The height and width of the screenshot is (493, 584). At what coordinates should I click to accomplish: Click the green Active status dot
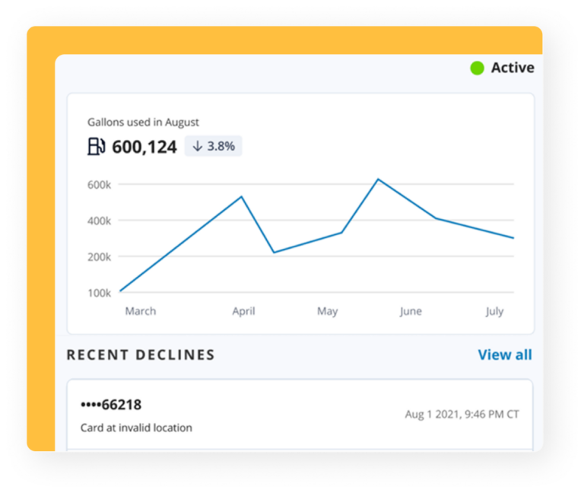click(477, 68)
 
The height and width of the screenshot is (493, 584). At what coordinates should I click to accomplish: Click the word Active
click(513, 68)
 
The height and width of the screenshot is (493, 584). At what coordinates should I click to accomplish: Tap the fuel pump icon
click(96, 146)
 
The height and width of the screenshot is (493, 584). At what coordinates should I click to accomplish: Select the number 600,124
click(144, 147)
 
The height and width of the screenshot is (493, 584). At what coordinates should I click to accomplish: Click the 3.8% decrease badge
click(214, 146)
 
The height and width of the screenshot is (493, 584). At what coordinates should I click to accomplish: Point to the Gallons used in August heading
click(143, 122)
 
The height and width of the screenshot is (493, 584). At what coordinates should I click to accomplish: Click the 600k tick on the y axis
click(100, 184)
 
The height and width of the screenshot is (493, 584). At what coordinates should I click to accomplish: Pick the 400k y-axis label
click(100, 221)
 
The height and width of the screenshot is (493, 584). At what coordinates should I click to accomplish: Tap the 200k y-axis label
click(100, 256)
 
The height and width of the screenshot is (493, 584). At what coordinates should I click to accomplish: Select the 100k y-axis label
click(100, 293)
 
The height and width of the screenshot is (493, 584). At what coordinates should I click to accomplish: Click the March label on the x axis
click(141, 311)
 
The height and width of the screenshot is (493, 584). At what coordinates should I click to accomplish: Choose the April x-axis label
click(243, 311)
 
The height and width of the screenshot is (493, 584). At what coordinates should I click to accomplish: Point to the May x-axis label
click(328, 311)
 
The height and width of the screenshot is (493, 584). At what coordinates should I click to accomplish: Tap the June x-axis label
click(411, 311)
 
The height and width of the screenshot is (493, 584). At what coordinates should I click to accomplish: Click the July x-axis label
click(494, 311)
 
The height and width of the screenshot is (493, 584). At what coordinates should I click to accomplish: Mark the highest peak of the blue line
click(378, 180)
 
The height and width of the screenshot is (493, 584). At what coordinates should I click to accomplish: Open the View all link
click(505, 355)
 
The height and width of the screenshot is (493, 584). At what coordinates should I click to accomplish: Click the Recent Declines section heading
click(141, 355)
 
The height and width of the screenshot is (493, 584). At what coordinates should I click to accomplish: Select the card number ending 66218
click(111, 405)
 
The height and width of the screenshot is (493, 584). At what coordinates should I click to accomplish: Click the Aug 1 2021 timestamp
click(462, 415)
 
